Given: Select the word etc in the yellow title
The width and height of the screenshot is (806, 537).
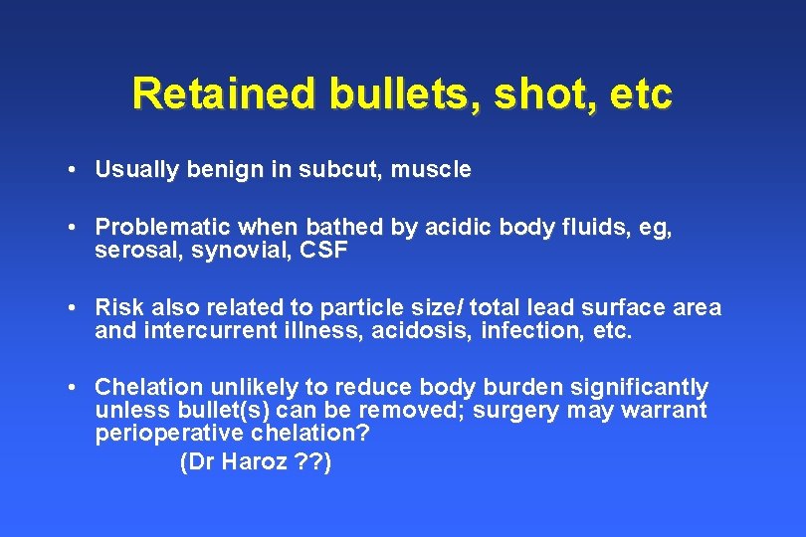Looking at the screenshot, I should point(643,94).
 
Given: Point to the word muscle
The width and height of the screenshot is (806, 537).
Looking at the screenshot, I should point(431,170).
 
